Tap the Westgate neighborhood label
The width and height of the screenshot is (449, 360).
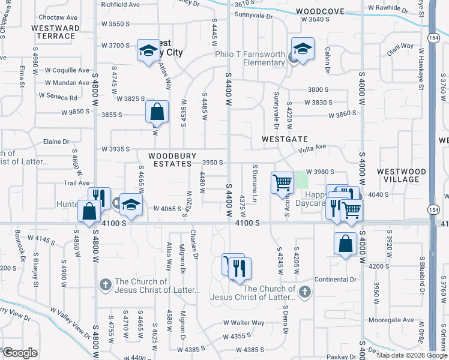tap(285, 139)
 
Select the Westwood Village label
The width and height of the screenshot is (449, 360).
tap(402, 175)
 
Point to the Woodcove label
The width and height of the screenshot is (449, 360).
tap(320, 11)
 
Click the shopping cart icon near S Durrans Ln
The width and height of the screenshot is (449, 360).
tap(282, 183)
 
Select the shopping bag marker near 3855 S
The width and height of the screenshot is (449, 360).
tap(157, 112)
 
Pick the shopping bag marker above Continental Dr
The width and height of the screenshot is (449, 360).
tap(346, 244)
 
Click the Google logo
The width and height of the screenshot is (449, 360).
tap(20, 352)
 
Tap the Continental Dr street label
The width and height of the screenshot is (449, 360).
tap(336, 280)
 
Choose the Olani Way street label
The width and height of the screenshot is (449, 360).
tap(400, 46)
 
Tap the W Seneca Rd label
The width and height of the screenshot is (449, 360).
tap(58, 97)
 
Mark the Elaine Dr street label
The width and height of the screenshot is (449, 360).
tap(56, 142)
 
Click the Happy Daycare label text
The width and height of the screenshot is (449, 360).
tap(316, 198)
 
